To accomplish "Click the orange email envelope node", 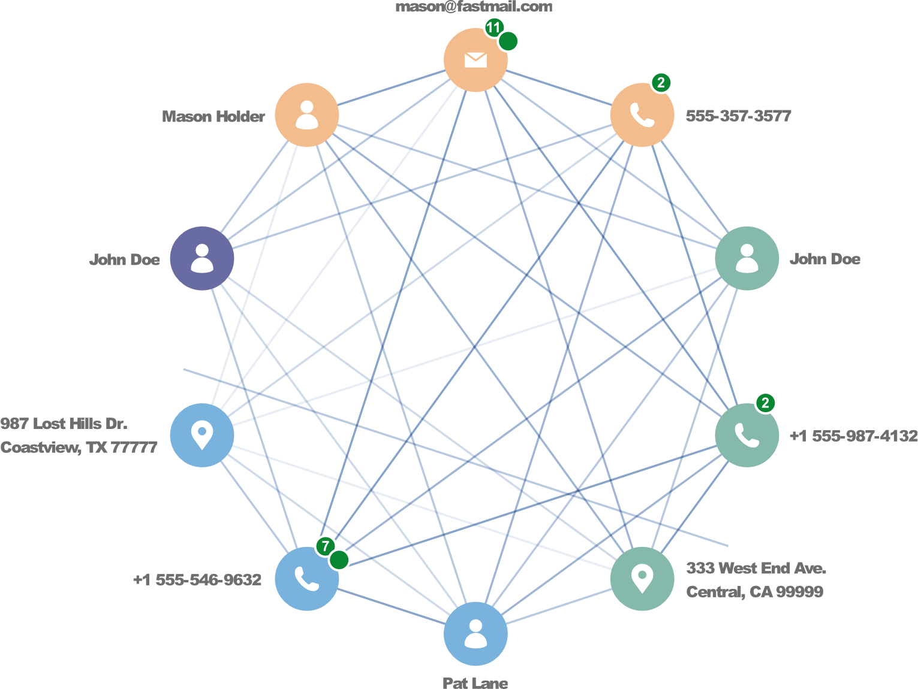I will click(475, 60).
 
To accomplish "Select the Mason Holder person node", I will click(307, 115).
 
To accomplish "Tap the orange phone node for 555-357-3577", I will click(642, 115).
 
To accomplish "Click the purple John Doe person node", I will click(202, 258).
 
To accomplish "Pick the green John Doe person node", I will click(747, 258).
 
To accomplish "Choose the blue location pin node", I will click(202, 435).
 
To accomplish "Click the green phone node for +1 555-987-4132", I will click(747, 435).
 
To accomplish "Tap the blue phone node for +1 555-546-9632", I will click(307, 579).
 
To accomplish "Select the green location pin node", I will click(642, 579).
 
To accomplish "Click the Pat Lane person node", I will click(475, 634).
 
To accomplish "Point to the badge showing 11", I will click(493, 28).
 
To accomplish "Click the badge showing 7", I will click(325, 546).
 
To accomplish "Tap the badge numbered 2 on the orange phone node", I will click(661, 83).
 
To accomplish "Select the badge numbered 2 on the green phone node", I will click(765, 403).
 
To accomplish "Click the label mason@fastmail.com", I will click(474, 7).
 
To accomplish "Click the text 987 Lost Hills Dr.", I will click(64, 424).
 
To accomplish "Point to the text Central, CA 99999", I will click(754, 592).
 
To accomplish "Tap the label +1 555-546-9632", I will click(197, 579).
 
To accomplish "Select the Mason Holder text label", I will click(213, 116).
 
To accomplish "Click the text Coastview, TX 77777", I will click(79, 448).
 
